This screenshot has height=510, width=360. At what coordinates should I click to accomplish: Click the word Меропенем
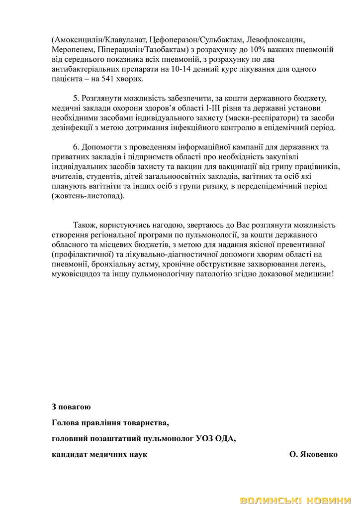pos(69,50)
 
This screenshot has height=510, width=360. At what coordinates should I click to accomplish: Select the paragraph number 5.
pos(75,98)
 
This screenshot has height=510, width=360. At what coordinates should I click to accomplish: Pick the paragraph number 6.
pos(75,147)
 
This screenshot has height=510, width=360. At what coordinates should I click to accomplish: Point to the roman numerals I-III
pos(222,108)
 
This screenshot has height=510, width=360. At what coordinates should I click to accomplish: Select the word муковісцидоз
pos(75,273)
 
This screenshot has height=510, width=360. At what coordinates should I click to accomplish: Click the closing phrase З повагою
pos(71,407)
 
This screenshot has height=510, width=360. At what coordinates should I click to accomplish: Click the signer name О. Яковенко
pos(313,455)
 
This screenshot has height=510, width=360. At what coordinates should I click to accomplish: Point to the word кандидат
pos(69,455)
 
